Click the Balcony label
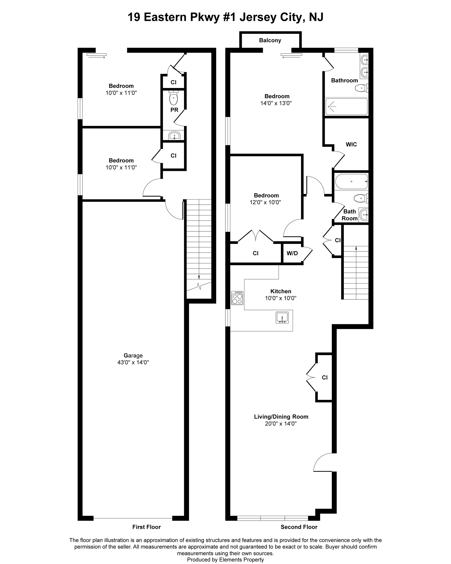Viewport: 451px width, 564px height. [270, 40]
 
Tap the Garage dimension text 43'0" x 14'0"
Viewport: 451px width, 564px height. [133, 362]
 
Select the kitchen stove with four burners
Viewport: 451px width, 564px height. [237, 298]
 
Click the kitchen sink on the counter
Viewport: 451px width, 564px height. [282, 317]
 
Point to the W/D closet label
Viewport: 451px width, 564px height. [292, 253]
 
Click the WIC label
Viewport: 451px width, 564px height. [351, 144]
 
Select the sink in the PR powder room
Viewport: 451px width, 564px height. [174, 136]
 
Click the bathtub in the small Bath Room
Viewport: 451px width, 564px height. [351, 181]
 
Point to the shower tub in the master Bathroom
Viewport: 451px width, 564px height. [346, 106]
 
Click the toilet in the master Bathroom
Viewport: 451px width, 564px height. [362, 88]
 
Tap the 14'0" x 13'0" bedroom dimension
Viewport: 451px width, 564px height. [276, 103]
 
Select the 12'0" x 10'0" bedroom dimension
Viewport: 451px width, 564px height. [265, 202]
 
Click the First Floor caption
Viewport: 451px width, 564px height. [146, 527]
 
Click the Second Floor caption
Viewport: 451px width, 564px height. [299, 527]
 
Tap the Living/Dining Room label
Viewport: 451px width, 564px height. [281, 416]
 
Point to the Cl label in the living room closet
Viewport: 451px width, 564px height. [324, 377]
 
